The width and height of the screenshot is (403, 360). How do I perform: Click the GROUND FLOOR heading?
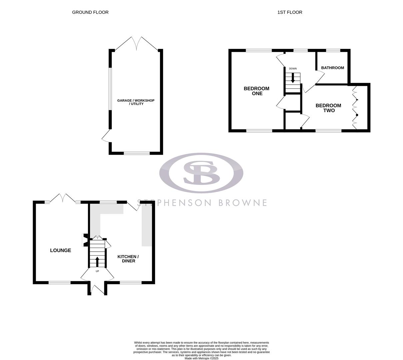click(90, 12)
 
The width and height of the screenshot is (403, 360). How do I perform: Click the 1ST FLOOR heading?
click(290, 12)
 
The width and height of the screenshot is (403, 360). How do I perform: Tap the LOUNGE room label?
click(60, 250)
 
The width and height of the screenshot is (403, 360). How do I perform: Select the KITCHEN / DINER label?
click(128, 259)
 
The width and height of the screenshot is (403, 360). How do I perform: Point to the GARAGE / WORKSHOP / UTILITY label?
click(136, 102)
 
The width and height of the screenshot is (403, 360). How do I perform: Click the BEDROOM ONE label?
click(256, 91)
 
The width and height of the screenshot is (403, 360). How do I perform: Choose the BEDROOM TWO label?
click(328, 108)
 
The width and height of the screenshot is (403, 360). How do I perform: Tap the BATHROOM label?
click(332, 68)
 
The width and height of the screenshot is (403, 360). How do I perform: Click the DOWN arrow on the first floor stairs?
click(293, 78)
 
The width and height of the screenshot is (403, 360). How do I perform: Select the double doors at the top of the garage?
click(136, 44)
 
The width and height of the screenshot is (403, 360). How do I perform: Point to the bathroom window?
click(333, 51)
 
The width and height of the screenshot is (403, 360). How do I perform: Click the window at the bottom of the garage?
click(137, 153)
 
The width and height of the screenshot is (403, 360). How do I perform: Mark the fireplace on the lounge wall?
click(85, 240)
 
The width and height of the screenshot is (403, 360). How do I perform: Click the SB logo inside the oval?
click(201, 173)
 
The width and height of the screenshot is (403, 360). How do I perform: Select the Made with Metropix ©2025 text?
click(201, 358)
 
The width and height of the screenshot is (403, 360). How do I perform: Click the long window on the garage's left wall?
click(110, 89)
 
